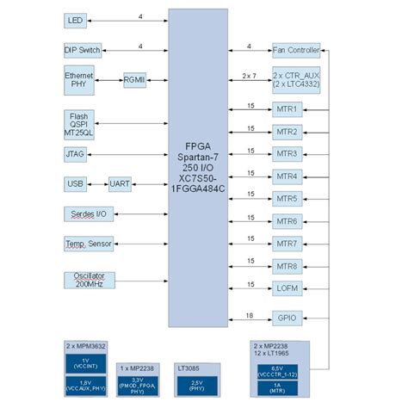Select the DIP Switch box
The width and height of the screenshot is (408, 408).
[83, 50]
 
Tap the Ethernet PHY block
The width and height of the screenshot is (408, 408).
[79, 80]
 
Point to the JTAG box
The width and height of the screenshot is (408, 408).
[76, 157]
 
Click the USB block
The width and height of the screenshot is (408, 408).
[75, 184]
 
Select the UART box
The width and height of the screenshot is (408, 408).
[120, 184]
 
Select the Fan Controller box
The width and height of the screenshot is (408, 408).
[295, 50]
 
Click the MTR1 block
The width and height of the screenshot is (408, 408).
[287, 110]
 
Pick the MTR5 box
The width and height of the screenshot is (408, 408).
[287, 199]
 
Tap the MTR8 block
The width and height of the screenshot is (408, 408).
[287, 266]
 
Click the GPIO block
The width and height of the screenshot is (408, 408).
[287, 319]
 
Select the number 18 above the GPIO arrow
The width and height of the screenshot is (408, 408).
[249, 314]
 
